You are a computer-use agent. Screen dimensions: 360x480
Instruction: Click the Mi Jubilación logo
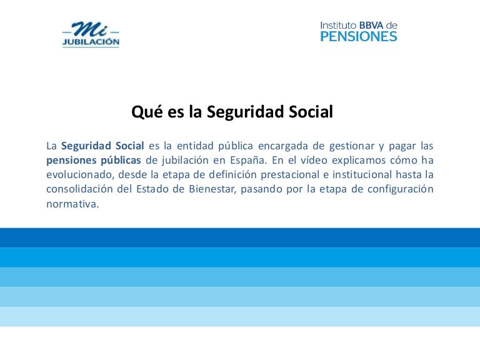pos(91,34)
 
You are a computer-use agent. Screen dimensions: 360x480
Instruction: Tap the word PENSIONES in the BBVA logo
pos(358,37)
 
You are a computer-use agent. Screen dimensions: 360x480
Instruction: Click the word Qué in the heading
pos(143,112)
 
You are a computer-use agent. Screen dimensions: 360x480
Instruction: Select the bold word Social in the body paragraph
pos(131,146)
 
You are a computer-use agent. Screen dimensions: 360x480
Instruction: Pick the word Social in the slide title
pos(311,112)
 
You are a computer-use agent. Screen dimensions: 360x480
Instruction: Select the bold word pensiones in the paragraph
pos(71,160)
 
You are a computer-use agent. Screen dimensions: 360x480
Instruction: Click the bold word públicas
pos(120,160)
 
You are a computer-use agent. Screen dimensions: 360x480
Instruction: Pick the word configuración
pos(402,189)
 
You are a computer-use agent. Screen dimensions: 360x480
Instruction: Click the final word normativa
pos(72,203)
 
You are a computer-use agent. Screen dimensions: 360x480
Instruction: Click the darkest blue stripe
pos(240,237)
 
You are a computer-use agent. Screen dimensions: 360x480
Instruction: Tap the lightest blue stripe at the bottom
pos(240,316)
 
